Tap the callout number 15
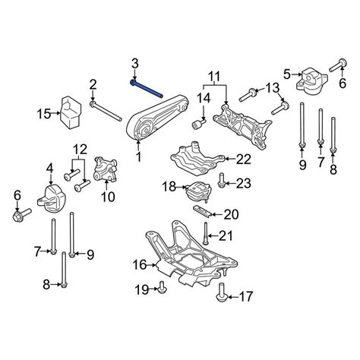[x=44, y=114]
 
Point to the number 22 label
[x=242, y=159]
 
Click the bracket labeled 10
[x=105, y=169]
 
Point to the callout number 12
[x=78, y=149]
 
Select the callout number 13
[x=272, y=89]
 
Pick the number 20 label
[x=232, y=215]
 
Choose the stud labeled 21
[x=207, y=227]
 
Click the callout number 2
[x=92, y=84]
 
